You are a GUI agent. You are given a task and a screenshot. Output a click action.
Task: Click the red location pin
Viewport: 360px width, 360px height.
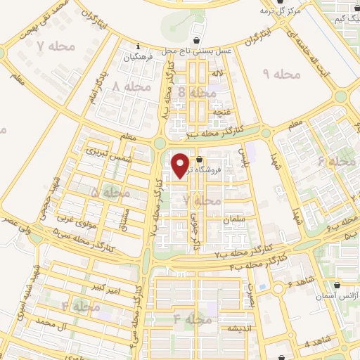(181, 165)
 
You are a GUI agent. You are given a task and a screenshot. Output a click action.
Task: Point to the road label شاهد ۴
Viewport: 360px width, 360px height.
(317, 344)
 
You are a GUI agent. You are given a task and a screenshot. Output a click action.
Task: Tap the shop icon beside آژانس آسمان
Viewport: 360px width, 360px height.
(342, 286)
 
